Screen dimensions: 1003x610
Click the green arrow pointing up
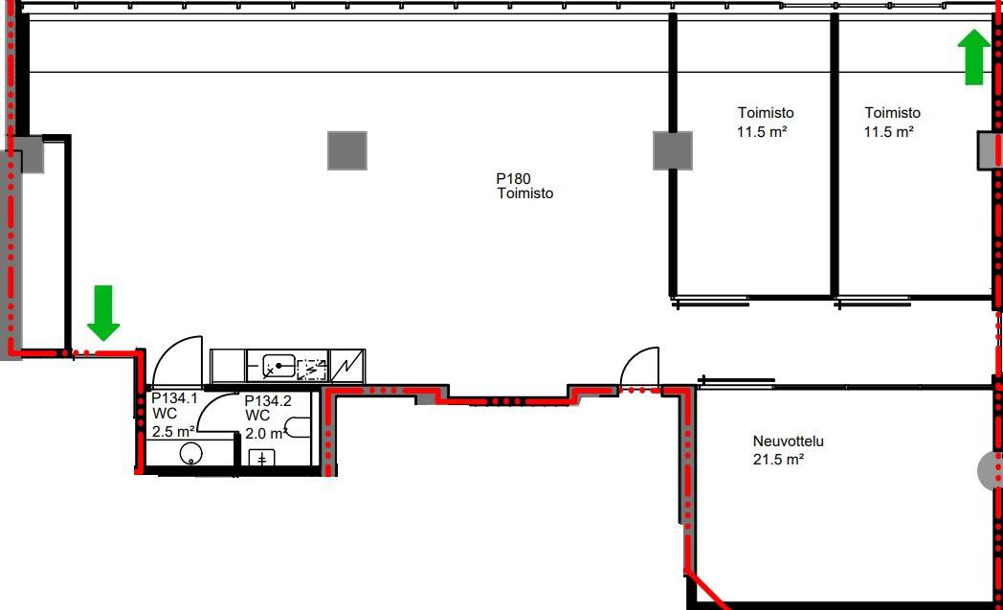pyautogui.click(x=973, y=56)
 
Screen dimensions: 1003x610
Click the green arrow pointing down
pyautogui.click(x=103, y=312)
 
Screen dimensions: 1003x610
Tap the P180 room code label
pyautogui.click(x=513, y=178)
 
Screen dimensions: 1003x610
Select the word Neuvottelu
pyautogui.click(x=788, y=441)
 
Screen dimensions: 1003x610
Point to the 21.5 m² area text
pyautogui.click(x=778, y=459)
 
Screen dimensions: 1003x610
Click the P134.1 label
pyautogui.click(x=174, y=397)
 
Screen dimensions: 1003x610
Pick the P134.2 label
pyautogui.click(x=267, y=400)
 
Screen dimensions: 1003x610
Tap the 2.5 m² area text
pyautogui.click(x=172, y=431)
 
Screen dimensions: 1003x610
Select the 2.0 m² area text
pyautogui.click(x=264, y=434)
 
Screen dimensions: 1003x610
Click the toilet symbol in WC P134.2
pyautogui.click(x=298, y=427)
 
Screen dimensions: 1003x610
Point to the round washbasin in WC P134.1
pyautogui.click(x=190, y=453)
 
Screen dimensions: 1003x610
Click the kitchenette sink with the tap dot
pyautogui.click(x=279, y=367)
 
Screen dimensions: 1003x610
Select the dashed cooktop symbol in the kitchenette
pyautogui.click(x=312, y=370)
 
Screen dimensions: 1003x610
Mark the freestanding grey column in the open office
pyautogui.click(x=347, y=151)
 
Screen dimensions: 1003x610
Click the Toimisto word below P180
pyautogui.click(x=525, y=193)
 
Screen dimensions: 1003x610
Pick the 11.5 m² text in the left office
pyautogui.click(x=761, y=132)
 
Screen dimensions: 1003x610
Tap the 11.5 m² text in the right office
pyautogui.click(x=888, y=132)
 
